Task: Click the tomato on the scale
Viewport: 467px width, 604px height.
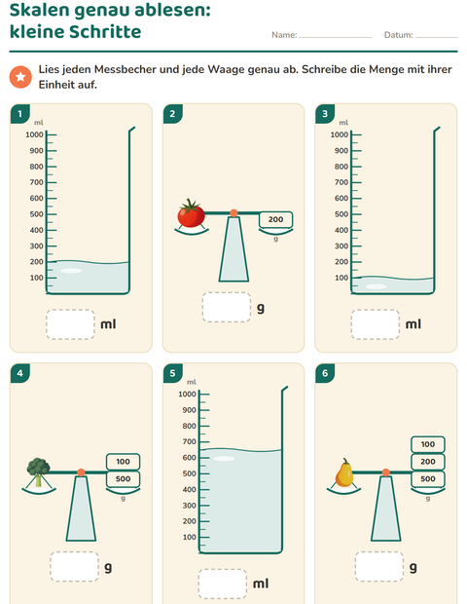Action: pyautogui.click(x=192, y=213)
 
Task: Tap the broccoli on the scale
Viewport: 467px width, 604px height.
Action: pyautogui.click(x=38, y=472)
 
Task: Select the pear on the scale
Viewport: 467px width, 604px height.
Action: pyautogui.click(x=343, y=472)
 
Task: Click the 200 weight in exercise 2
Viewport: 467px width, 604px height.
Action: pyautogui.click(x=275, y=219)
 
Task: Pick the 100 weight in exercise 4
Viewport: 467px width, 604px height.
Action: pyautogui.click(x=124, y=462)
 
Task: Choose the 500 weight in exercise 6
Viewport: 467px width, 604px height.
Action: pyautogui.click(x=428, y=478)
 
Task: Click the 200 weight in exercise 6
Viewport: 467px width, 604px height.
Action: pyautogui.click(x=428, y=462)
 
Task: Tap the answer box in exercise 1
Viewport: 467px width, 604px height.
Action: pyautogui.click(x=70, y=324)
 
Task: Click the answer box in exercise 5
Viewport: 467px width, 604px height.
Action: pyautogui.click(x=223, y=584)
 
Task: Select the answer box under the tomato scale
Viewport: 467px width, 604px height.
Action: pyautogui.click(x=227, y=307)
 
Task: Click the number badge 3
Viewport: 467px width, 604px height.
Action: pyautogui.click(x=325, y=114)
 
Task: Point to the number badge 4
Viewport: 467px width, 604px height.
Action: pyautogui.click(x=20, y=373)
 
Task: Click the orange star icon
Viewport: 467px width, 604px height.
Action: pyautogui.click(x=20, y=77)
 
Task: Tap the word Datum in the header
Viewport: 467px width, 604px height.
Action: pyautogui.click(x=398, y=35)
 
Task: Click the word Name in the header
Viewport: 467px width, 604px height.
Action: pyautogui.click(x=284, y=35)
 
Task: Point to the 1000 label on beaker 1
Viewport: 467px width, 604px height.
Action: pyautogui.click(x=34, y=134)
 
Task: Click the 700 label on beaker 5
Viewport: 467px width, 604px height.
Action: pyautogui.click(x=190, y=442)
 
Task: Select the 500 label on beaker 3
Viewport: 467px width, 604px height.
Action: pyautogui.click(x=341, y=214)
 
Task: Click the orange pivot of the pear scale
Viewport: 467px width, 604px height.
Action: pyautogui.click(x=386, y=472)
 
